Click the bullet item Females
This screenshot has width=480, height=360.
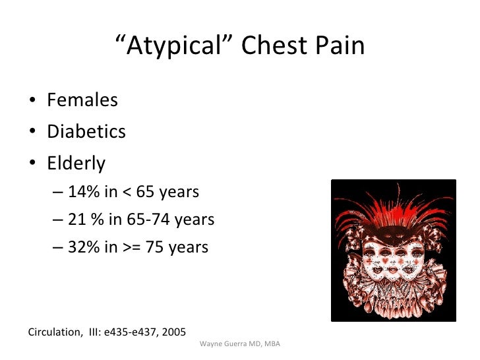[82, 100]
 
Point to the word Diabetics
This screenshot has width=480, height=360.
[86, 131]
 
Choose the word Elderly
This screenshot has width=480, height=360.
[76, 162]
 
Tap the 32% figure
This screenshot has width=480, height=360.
[82, 247]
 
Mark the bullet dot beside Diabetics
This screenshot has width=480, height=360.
[33, 132]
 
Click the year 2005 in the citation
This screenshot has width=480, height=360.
[173, 332]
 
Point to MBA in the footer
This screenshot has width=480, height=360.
[271, 345]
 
